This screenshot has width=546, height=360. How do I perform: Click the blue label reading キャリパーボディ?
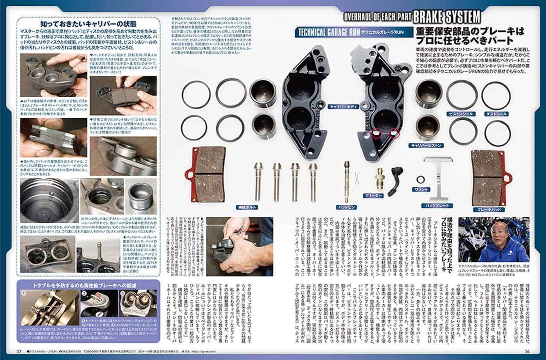342,107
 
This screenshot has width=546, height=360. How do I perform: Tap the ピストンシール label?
460,114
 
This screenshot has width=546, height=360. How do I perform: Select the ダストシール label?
496,114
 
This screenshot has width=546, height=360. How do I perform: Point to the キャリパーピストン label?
426,145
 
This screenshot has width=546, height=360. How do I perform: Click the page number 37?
19,351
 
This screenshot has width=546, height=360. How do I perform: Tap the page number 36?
526,351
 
